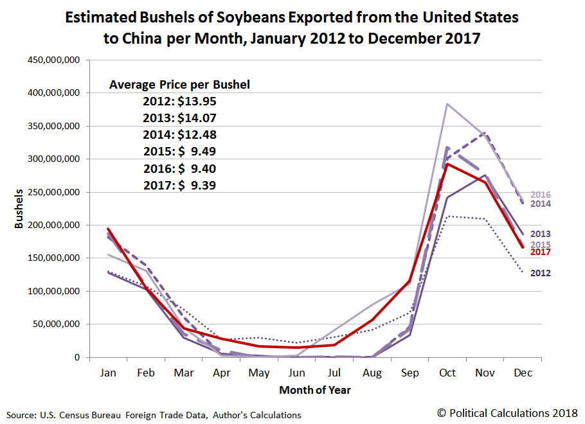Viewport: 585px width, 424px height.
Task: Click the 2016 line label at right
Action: [x=541, y=195]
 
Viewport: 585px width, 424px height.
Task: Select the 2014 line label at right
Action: [x=541, y=204]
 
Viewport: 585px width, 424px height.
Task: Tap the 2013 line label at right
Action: [x=541, y=234]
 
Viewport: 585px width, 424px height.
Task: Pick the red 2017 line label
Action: [x=541, y=252]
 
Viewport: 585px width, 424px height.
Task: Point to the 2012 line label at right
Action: [x=541, y=273]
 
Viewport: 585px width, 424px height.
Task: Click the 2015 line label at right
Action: [x=541, y=244]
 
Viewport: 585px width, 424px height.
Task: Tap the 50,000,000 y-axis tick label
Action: [x=57, y=324]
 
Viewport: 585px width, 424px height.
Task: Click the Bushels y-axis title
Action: [x=19, y=209]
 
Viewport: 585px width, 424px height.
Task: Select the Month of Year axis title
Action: [x=315, y=389]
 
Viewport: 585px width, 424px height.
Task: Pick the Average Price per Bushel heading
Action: [x=179, y=84]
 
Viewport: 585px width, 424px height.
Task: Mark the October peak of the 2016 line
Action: [x=447, y=103]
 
